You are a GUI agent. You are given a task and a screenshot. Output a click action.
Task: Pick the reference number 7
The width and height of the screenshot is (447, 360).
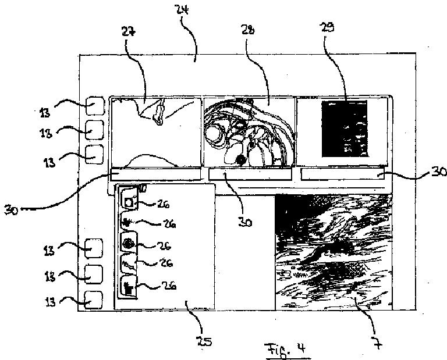click(x=378, y=344)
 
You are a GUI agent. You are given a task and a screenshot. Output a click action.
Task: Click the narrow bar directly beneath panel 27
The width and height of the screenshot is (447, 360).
click(x=154, y=174)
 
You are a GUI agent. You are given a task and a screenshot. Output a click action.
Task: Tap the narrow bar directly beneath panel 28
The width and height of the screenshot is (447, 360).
click(x=250, y=174)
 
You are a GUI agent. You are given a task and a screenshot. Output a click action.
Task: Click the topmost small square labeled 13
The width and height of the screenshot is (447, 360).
click(x=95, y=106)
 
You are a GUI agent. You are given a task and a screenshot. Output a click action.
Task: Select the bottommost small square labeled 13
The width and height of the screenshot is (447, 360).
click(x=94, y=300)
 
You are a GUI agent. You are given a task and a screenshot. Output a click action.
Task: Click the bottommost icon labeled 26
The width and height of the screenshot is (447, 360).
click(x=128, y=287)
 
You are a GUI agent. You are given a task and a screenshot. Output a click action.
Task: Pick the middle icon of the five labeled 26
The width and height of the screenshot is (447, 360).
click(x=128, y=243)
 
